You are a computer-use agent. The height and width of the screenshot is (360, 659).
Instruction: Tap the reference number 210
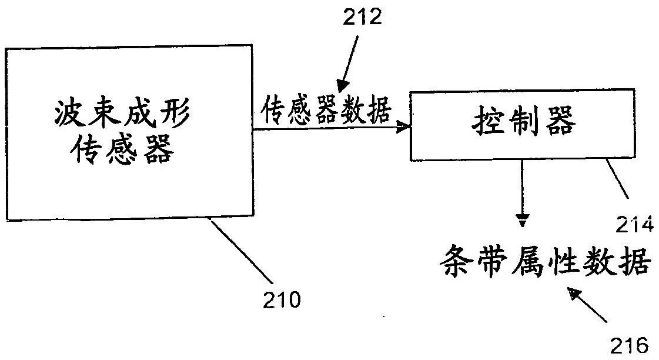pyautogui.click(x=282, y=300)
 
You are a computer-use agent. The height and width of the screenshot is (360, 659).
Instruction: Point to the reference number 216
pyautogui.click(x=629, y=346)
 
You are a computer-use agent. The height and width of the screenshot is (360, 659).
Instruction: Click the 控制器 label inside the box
pyautogui.click(x=523, y=120)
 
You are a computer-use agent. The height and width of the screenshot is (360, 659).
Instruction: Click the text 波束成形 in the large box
pyautogui.click(x=122, y=113)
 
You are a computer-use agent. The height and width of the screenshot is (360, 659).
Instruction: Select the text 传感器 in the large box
pyautogui.click(x=122, y=150)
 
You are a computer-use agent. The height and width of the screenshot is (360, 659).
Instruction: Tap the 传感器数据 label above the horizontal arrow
pyautogui.click(x=326, y=109)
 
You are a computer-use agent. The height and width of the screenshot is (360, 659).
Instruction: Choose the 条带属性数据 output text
pyautogui.click(x=546, y=261)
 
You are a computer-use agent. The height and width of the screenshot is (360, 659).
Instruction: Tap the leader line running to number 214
pyautogui.click(x=617, y=178)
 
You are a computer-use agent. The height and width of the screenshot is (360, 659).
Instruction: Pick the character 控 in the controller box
pyautogui.click(x=487, y=120)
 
